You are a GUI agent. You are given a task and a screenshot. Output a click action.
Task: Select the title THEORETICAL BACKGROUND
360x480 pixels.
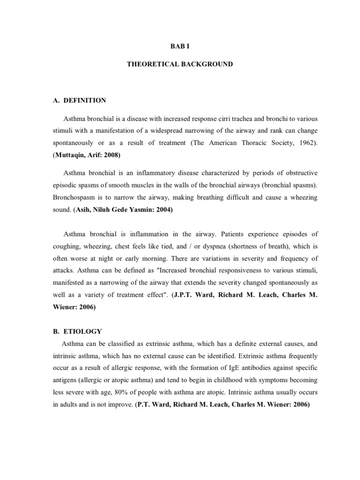[x=180, y=64]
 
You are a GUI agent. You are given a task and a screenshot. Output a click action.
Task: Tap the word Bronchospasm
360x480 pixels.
[x=71, y=198]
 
